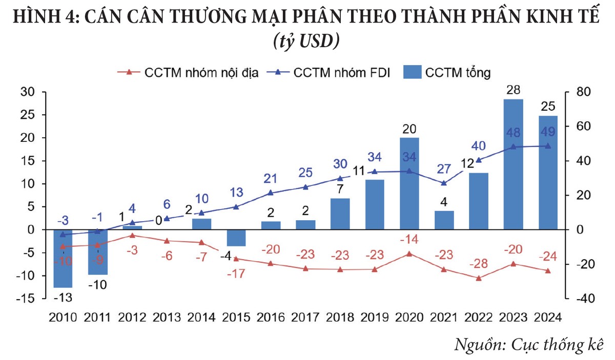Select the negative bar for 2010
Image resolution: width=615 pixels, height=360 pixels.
coord(63,259)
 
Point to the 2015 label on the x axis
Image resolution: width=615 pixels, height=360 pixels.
coord(236,316)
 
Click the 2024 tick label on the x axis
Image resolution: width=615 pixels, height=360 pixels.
coord(547,316)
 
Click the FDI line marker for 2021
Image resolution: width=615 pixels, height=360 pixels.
coord(444,183)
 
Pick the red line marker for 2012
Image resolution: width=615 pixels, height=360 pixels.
coord(132,236)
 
